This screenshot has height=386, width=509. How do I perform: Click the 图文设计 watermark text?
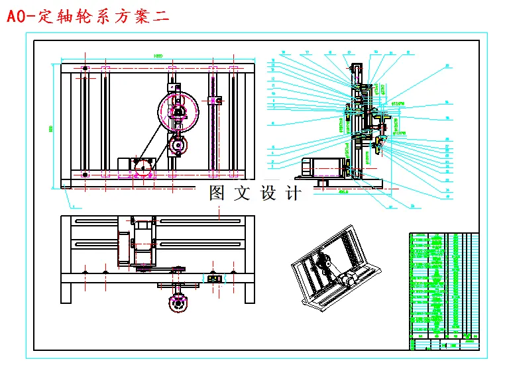[x=254, y=193]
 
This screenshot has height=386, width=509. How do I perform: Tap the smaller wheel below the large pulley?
[x=178, y=143]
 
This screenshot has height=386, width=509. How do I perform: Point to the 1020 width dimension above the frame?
[x=158, y=56]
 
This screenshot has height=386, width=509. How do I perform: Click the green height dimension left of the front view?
[x=52, y=128]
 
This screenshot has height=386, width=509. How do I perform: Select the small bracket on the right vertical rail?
[x=215, y=100]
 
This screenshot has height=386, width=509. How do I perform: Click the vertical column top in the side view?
[x=357, y=67]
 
